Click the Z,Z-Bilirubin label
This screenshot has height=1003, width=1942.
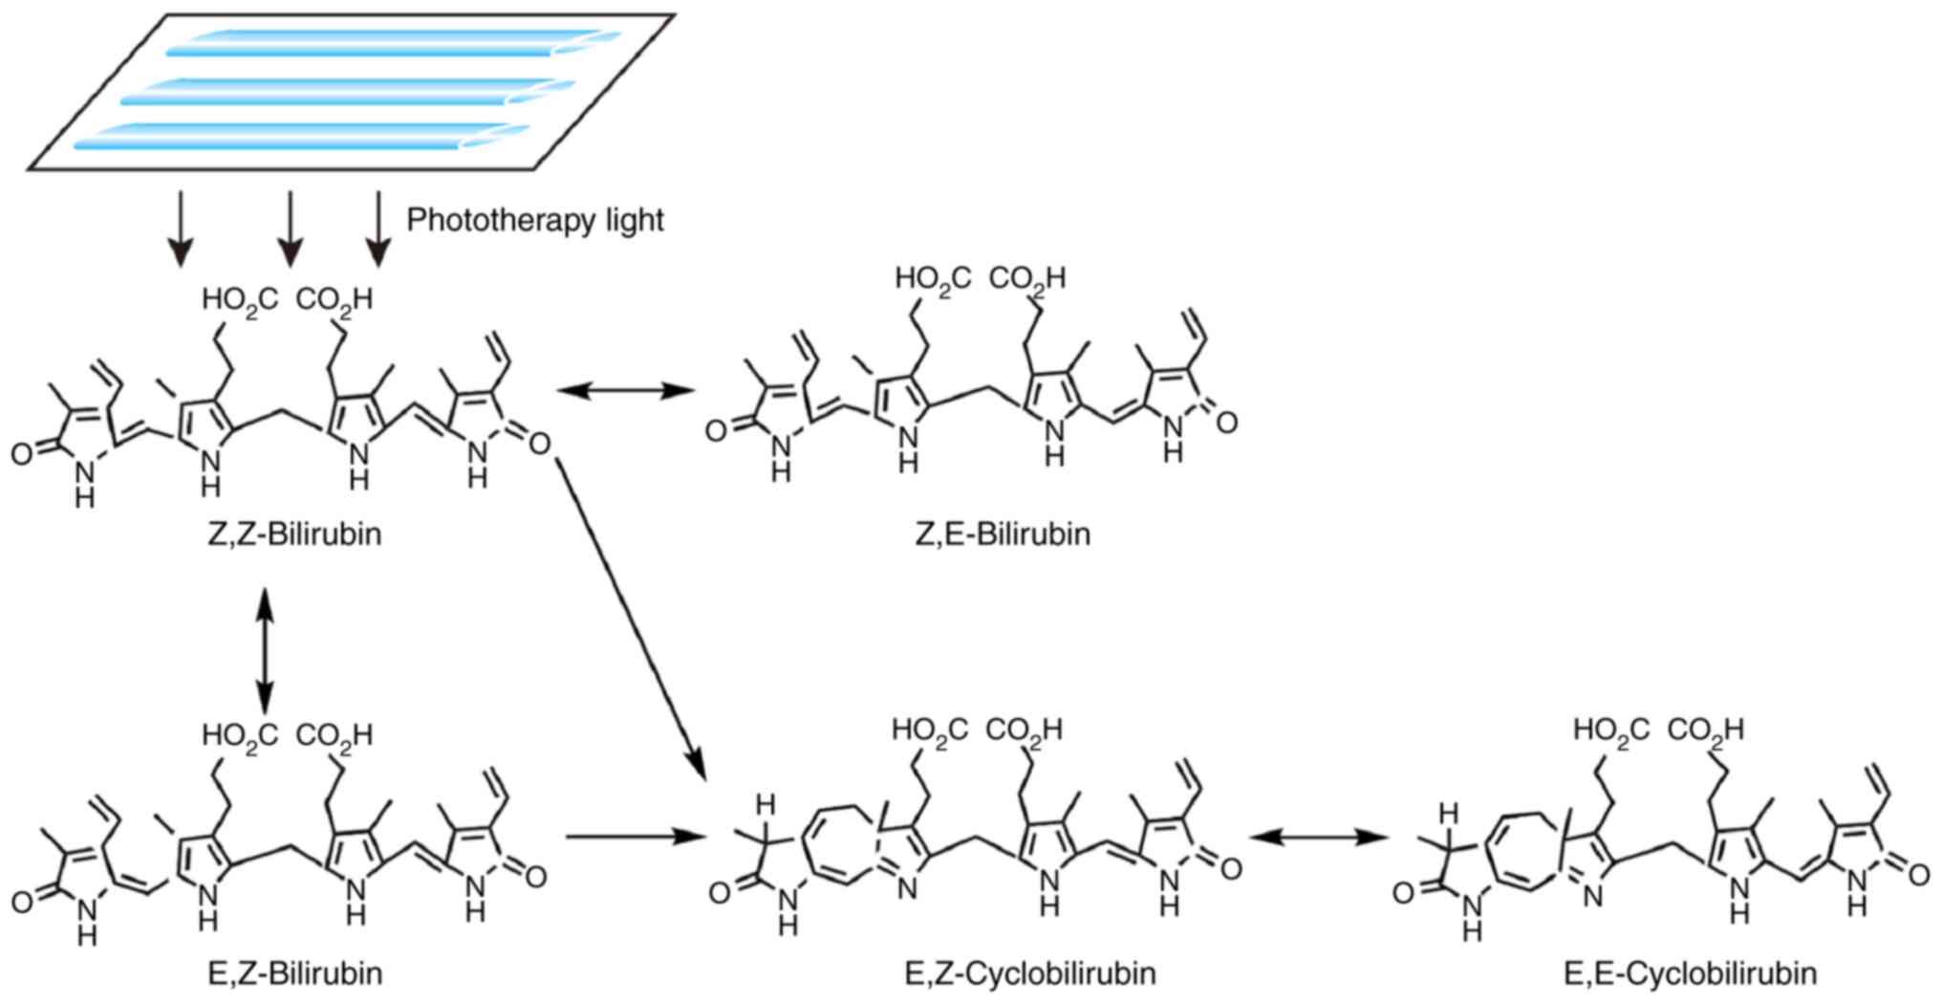click(294, 534)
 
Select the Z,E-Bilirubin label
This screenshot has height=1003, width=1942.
click(1003, 534)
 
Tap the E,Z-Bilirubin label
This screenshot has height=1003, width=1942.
click(294, 973)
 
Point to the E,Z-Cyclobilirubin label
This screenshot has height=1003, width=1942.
click(1029, 973)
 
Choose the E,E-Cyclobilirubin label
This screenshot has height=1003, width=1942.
click(1690, 973)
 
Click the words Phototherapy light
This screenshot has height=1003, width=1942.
click(535, 221)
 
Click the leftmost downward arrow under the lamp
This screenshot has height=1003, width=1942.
click(181, 229)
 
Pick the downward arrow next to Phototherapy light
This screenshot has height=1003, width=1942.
click(378, 229)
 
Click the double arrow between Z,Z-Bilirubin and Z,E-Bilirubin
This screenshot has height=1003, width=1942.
click(625, 389)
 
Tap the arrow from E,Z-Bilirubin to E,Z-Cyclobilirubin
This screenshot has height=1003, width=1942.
click(635, 837)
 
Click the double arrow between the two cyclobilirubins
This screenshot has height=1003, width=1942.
click(1319, 838)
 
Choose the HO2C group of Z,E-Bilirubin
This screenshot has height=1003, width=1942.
click(932, 279)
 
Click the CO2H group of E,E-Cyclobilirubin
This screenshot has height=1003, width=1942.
click(1705, 730)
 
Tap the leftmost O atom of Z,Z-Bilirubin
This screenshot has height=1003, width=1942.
click(22, 453)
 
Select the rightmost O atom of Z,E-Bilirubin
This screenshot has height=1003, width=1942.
click(1227, 422)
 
